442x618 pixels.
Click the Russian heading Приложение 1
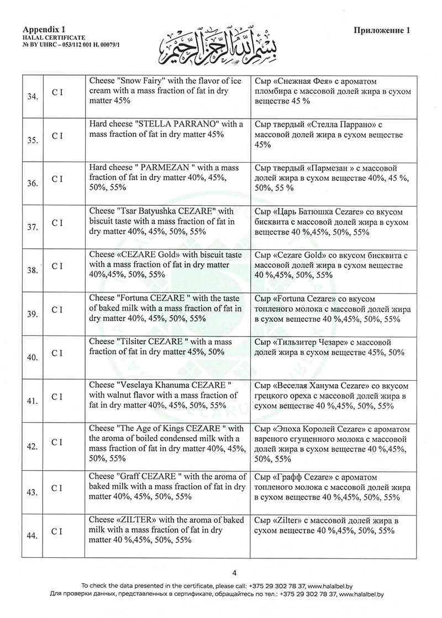(x=382, y=31)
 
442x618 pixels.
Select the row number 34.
(x=33, y=97)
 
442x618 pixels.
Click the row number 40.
(x=33, y=357)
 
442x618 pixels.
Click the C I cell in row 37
(x=57, y=222)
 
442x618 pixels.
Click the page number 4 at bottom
(x=234, y=572)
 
